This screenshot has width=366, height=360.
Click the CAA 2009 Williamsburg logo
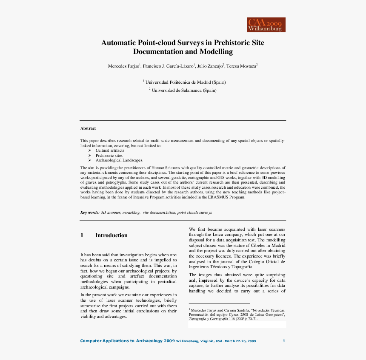[x=266, y=25]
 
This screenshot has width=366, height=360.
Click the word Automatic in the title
[x=118, y=43]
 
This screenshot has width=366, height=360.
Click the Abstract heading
[x=88, y=128]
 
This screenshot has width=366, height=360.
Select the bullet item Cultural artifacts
[x=110, y=150]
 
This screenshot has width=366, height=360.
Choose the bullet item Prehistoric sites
[x=109, y=156]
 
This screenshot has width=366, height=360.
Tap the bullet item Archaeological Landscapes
[x=119, y=160]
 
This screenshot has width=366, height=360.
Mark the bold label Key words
[x=89, y=213]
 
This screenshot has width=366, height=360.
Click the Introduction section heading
[x=111, y=235]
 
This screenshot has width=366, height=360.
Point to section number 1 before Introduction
[x=82, y=235]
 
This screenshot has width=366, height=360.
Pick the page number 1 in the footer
[x=284, y=341]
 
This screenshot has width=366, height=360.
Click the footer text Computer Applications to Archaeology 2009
[x=127, y=341]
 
